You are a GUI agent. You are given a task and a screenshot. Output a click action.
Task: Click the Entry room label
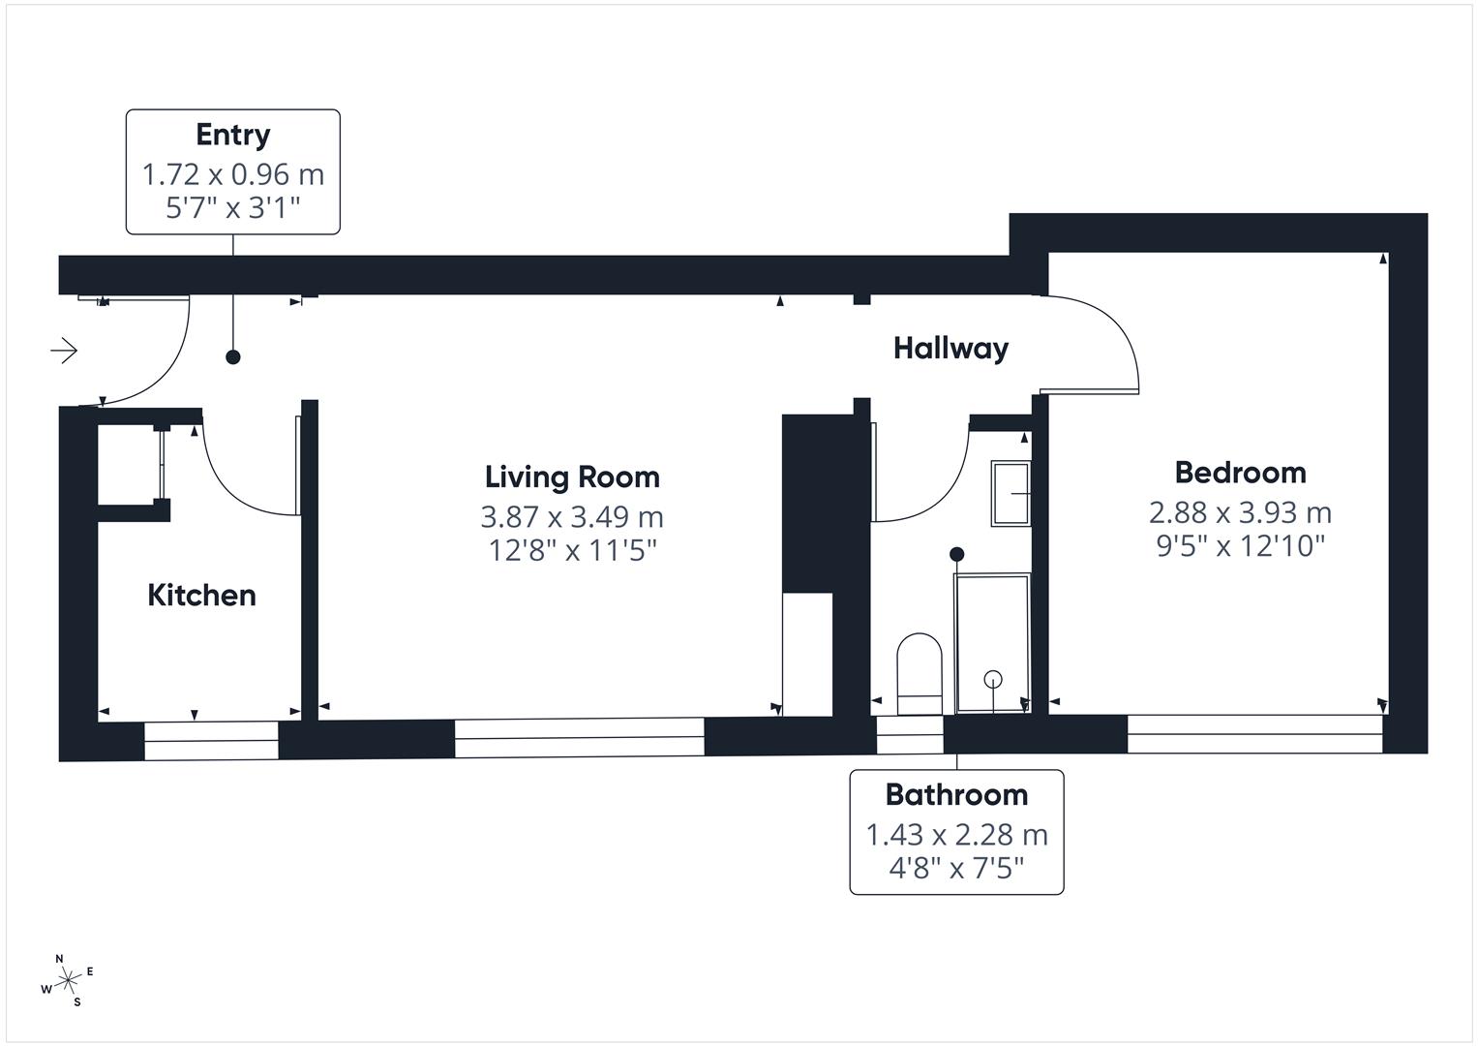[232, 135]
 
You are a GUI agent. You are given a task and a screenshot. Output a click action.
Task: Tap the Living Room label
[572, 477]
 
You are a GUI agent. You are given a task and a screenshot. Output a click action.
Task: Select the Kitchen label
[201, 595]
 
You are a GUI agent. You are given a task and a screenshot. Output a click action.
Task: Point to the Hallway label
[950, 348]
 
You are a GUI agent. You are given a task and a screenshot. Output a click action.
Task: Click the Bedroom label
[1240, 473]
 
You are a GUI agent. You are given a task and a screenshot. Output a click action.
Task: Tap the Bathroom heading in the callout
[956, 795]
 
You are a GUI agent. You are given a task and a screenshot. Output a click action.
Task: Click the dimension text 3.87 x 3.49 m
[572, 516]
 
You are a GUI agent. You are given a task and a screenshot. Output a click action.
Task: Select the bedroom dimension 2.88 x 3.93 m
[1240, 512]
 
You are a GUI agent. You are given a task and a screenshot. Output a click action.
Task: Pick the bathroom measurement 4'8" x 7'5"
[956, 867]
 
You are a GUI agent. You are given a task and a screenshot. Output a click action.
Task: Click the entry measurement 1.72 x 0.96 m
[232, 174]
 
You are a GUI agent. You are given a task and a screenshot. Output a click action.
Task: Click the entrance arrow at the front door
[65, 350]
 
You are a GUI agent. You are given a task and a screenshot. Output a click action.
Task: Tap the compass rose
[68, 981]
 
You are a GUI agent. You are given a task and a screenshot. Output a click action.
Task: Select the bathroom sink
[1010, 494]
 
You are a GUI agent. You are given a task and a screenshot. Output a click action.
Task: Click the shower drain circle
[993, 678]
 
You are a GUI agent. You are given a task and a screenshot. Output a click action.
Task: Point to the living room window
[579, 738]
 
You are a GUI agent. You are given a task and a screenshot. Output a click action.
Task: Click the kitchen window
[211, 741]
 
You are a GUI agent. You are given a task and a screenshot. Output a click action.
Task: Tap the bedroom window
[1254, 734]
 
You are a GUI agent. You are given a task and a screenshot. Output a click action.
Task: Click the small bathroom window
[909, 734]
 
